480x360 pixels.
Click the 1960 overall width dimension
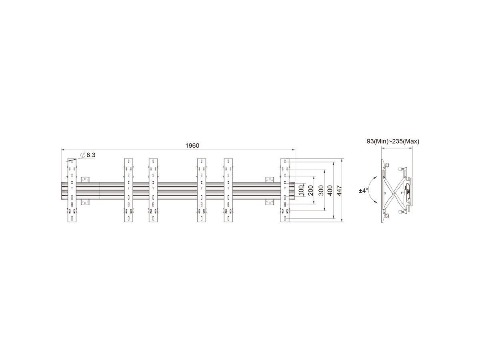click(x=192, y=146)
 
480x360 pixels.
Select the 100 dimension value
click(x=301, y=190)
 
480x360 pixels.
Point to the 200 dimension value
click(x=310, y=190)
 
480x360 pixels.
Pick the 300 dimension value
click(x=321, y=190)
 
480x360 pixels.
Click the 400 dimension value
click(x=330, y=190)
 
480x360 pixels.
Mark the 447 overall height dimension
click(x=339, y=190)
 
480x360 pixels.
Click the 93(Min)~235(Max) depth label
click(x=393, y=142)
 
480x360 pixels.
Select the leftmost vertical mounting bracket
click(x=72, y=190)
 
